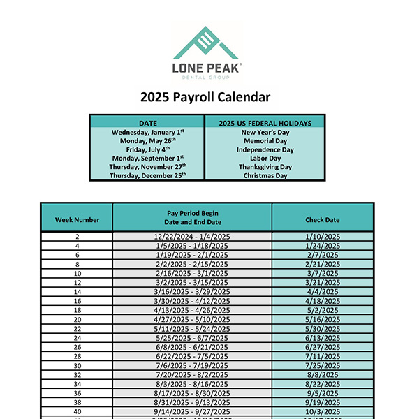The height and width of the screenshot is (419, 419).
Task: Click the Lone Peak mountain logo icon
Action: (207, 43)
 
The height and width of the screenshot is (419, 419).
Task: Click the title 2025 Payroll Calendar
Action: (205, 97)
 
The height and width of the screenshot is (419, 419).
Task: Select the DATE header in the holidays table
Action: (148, 123)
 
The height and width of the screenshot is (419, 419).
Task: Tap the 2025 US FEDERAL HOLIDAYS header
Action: (265, 123)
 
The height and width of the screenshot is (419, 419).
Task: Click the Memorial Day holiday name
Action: (265, 140)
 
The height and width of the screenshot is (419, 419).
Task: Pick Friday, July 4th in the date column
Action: (148, 149)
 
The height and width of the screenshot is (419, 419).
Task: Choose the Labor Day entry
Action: (265, 159)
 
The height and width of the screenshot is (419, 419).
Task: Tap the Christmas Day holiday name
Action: (265, 176)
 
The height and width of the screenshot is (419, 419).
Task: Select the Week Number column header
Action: (77, 219)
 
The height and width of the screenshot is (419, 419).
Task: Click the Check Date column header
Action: (322, 219)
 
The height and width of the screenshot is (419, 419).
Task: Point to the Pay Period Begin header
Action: (192, 212)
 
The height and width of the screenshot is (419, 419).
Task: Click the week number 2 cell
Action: (77, 237)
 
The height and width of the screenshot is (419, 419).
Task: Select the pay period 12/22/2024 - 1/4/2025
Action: (192, 237)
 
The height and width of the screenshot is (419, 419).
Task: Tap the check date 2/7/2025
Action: (322, 255)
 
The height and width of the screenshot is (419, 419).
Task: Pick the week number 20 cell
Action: (77, 318)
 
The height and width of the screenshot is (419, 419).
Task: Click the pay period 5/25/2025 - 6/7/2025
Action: (192, 337)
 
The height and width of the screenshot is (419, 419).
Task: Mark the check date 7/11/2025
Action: (322, 355)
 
